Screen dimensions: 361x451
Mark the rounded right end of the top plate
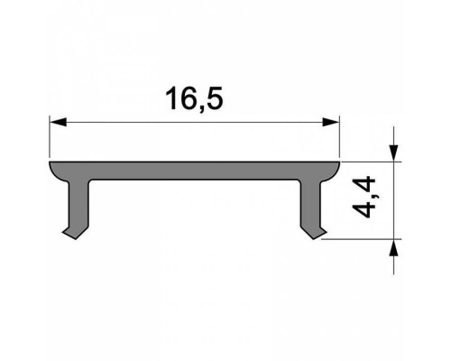(336, 168)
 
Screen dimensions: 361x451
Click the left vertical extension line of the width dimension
(49, 135)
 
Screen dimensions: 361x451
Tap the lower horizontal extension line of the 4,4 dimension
(361, 240)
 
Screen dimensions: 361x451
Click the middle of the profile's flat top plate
(194, 171)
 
